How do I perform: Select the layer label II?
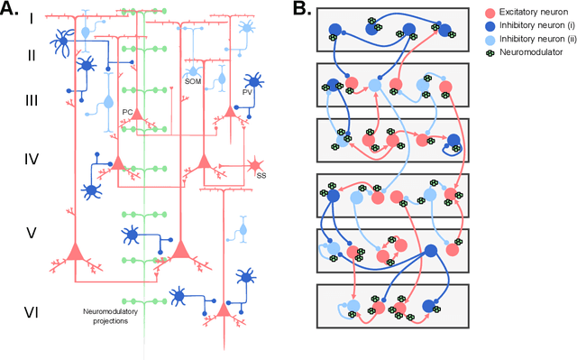coord(30,55)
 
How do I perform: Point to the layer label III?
coord(31,99)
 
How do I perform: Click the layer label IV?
coord(31,160)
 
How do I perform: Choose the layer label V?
coord(31,233)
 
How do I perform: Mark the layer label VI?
coord(31,312)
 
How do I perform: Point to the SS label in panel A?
coord(261,176)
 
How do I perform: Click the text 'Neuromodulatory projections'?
coord(101,317)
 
